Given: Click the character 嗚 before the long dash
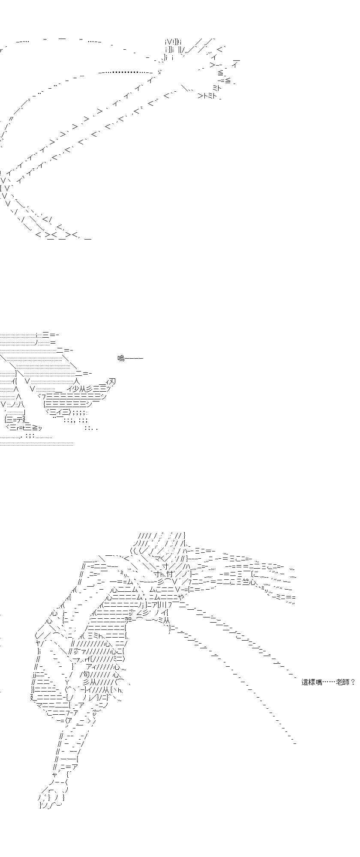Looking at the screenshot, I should click(x=121, y=358).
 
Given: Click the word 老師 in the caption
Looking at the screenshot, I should click(x=342, y=682).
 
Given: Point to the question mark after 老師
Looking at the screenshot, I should click(x=353, y=682).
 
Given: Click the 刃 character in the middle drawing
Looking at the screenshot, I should click(x=112, y=381).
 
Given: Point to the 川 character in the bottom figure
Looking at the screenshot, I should click(x=160, y=605).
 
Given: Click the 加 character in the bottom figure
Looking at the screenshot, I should click(x=128, y=619).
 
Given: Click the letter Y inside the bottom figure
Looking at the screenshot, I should click(x=67, y=682).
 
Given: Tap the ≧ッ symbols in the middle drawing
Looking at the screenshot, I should click(x=37, y=428).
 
